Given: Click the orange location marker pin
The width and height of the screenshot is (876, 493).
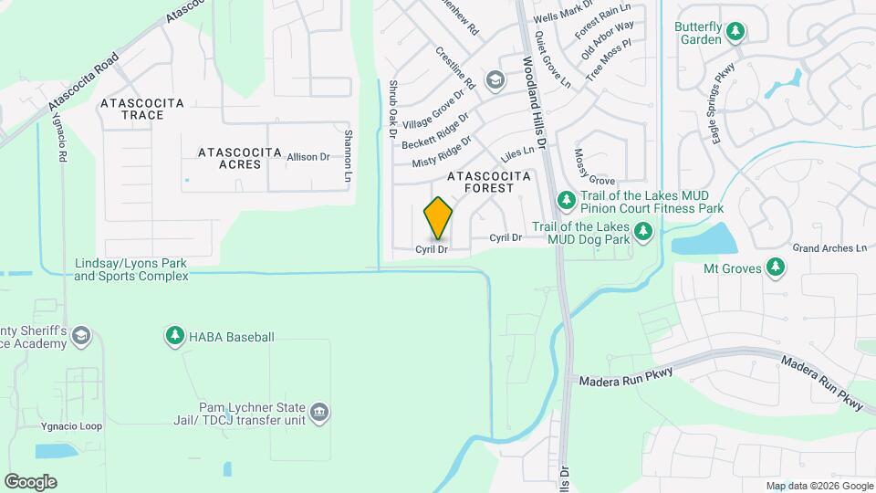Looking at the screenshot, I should [x=438, y=218].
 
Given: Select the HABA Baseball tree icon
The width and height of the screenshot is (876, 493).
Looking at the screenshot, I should [x=174, y=337].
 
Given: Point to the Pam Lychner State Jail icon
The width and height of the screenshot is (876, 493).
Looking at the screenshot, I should [x=319, y=414].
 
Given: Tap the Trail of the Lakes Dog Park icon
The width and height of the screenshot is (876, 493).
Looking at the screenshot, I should [x=643, y=232].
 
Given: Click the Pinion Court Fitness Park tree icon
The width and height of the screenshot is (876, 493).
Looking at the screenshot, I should [x=566, y=199].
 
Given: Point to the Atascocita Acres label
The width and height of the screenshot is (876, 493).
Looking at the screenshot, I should [x=227, y=157].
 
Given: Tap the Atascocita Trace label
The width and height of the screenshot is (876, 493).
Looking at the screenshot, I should [x=143, y=109].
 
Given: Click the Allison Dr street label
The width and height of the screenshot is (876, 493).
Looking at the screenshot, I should [x=308, y=157].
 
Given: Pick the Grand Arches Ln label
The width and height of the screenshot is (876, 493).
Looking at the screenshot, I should [x=829, y=247].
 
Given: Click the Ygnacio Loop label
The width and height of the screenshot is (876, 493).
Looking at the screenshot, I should [x=64, y=425].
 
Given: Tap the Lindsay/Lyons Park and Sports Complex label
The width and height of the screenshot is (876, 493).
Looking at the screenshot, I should [x=130, y=269].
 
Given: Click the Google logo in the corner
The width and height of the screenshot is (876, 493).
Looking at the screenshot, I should [x=30, y=481].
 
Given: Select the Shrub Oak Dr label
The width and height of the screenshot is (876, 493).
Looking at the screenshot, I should [x=393, y=109].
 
